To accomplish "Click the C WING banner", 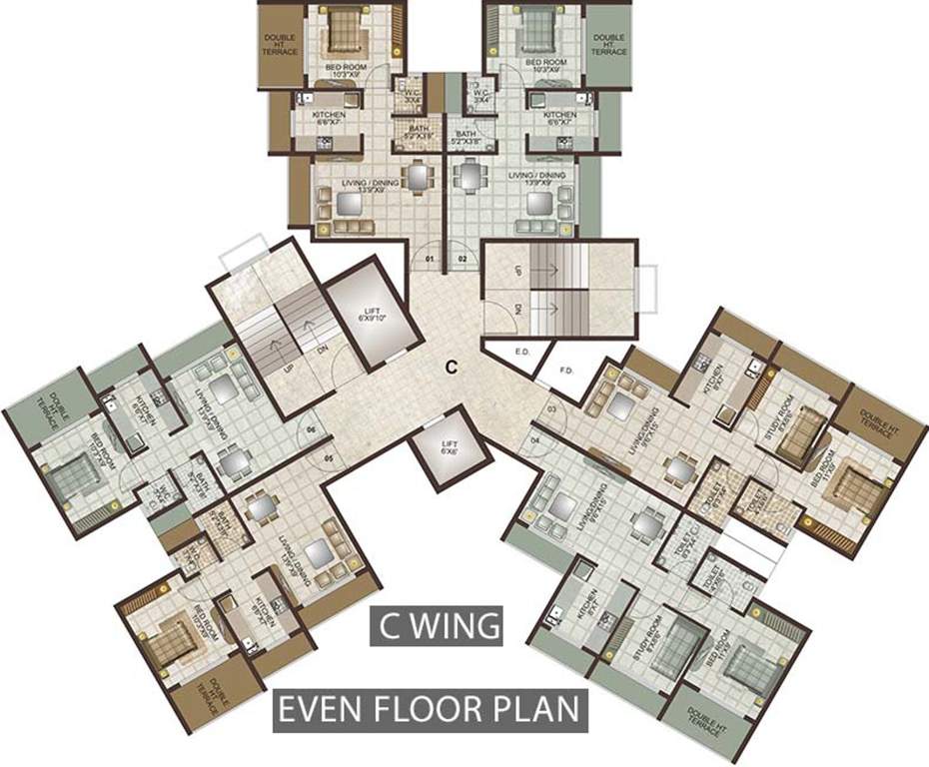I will pos(437,626).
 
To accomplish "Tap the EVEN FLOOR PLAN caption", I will pos(428,711).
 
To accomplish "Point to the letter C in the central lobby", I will pos(452,367).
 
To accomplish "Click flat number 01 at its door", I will pos(431,260).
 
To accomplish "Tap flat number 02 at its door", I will pos(463,260).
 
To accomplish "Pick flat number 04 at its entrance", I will pos(535,440).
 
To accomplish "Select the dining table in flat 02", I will pos(468,176).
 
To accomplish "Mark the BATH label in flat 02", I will pos(466,137).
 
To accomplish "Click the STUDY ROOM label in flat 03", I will pos(796,421).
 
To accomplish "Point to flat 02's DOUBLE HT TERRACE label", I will pos(608,46).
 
